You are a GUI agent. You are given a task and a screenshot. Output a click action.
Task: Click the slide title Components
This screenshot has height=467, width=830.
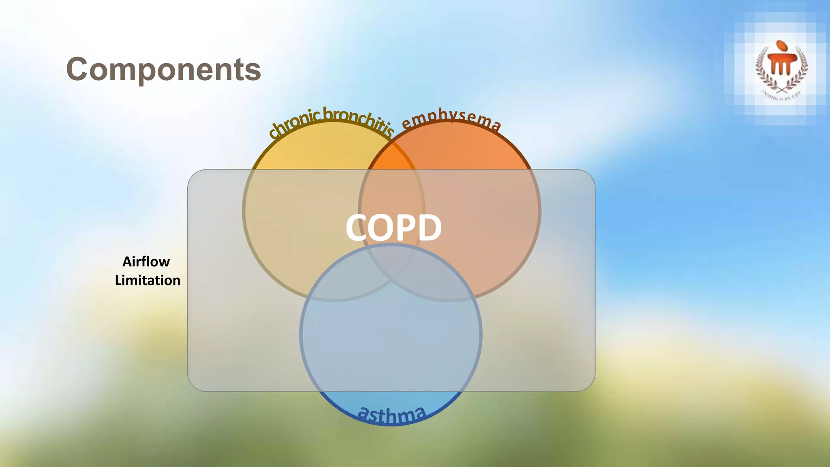pos(163,69)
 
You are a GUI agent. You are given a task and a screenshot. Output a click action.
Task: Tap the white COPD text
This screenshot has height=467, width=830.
pos(394,227)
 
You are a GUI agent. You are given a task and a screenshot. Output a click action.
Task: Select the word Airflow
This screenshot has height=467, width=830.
pos(146,262)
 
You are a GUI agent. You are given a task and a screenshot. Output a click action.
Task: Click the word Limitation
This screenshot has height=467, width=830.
pos(148,281)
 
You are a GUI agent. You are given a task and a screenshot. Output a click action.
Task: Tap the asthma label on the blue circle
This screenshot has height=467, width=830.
pos(391,414)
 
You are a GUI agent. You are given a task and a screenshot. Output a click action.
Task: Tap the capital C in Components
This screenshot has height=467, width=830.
pos(78,69)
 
